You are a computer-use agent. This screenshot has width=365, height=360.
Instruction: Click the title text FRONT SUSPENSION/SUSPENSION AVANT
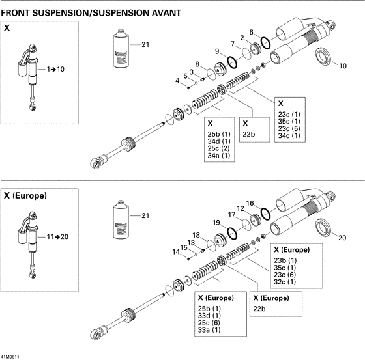(x=91, y=13)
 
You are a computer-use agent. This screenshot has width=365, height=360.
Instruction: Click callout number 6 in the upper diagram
(x=252, y=32)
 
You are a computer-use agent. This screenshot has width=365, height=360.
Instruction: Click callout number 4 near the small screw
(x=177, y=80)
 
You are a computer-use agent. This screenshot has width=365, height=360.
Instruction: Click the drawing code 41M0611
(x=11, y=355)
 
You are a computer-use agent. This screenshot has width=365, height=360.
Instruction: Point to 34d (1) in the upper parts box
(x=218, y=141)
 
